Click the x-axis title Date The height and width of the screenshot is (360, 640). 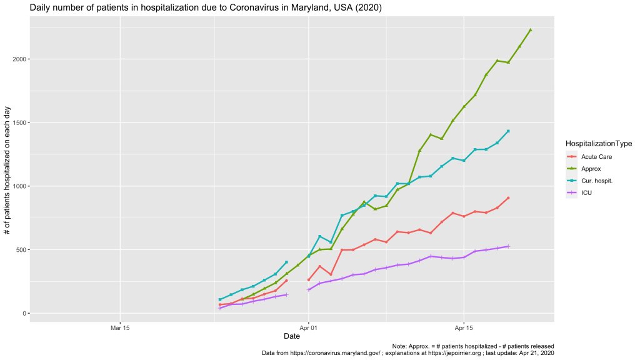tap(291, 336)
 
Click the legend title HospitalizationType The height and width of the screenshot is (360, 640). tap(598, 143)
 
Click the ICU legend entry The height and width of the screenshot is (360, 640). tap(586, 193)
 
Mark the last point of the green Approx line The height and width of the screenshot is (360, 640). tap(531, 30)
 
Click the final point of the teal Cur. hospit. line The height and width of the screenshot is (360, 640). tap(509, 131)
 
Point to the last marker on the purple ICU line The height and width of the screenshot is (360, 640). tap(509, 246)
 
